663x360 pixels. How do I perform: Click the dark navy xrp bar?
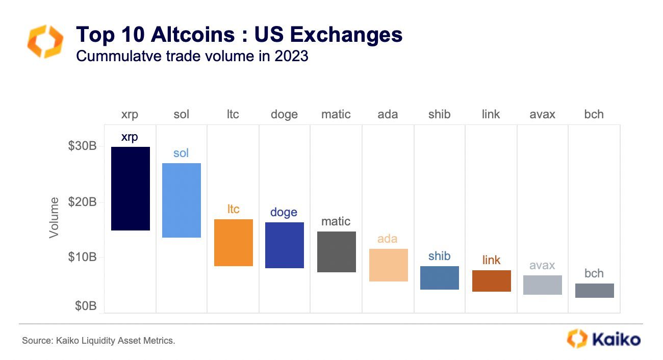click(131, 189)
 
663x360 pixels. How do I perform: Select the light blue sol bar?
click(181, 200)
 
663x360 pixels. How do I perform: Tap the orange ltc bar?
click(233, 243)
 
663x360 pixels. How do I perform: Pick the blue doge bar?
click(285, 245)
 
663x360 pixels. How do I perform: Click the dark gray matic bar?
click(336, 252)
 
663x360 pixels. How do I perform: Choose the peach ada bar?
click(388, 265)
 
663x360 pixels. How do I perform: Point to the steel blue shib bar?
click(439, 278)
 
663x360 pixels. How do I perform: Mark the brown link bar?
click(491, 281)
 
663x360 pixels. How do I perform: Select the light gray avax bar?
click(543, 285)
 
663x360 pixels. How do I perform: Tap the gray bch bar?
click(594, 291)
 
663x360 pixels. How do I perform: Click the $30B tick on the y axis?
click(82, 146)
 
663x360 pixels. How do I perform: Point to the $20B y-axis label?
click(82, 202)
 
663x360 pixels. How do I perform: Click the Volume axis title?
click(54, 218)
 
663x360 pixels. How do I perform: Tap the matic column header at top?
click(336, 114)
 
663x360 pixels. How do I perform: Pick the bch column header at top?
click(594, 114)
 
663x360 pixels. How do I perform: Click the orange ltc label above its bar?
click(233, 209)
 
